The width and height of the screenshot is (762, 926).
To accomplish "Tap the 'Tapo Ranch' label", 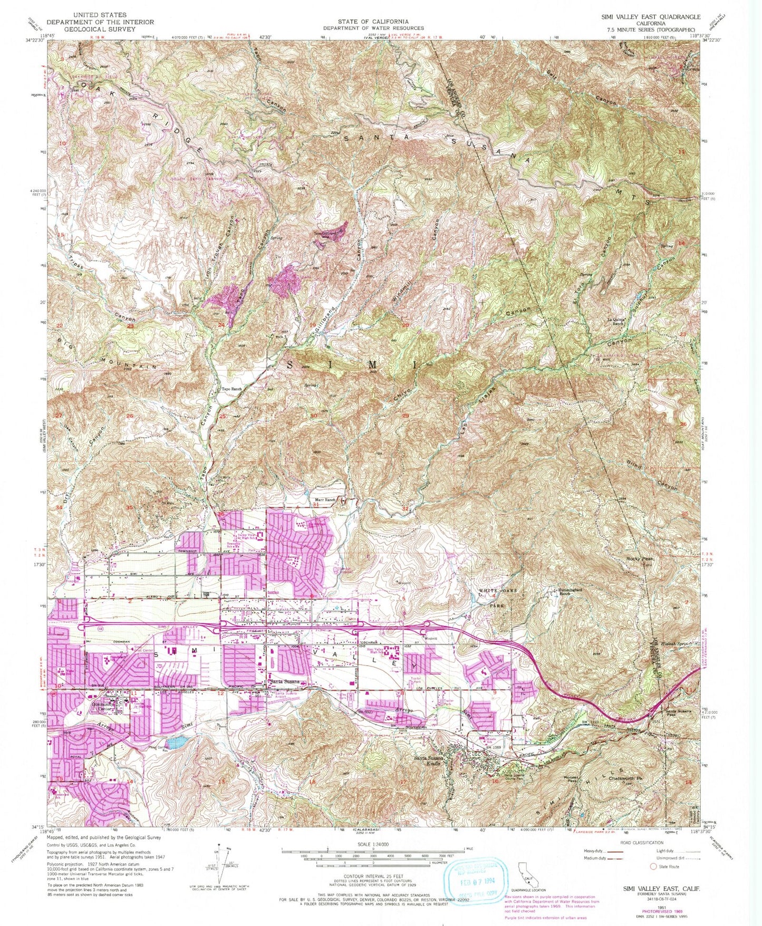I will click(230, 390).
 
